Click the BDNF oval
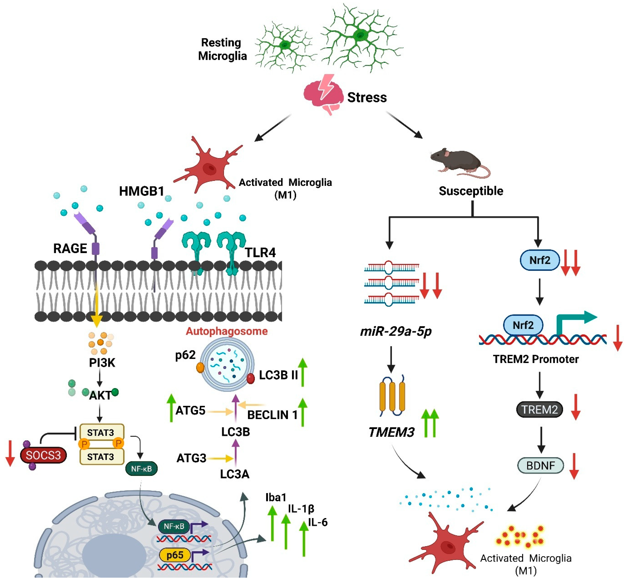(x=540, y=465)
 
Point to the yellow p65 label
(x=175, y=555)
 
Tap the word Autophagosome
(x=227, y=331)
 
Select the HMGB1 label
(x=142, y=191)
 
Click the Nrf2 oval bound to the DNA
(x=523, y=325)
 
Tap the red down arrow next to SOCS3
(x=10, y=453)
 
